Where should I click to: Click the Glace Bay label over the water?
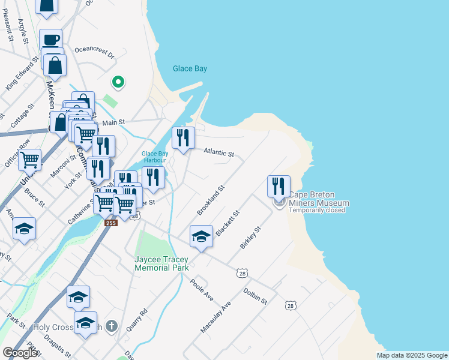[x=190, y=68]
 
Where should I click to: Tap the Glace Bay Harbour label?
[x=154, y=157]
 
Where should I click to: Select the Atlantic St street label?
[x=218, y=153]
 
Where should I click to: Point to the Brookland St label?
[x=211, y=200]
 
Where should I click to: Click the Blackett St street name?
[x=228, y=223]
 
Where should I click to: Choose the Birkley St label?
[x=250, y=238]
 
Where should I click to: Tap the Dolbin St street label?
[x=255, y=295]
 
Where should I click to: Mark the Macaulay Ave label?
[x=216, y=317]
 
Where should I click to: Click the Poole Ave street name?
[x=202, y=290]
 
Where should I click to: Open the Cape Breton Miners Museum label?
[x=318, y=199]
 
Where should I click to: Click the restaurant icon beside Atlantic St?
[x=184, y=137]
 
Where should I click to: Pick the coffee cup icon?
[x=51, y=40]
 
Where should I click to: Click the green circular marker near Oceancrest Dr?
[x=118, y=82]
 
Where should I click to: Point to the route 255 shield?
[x=110, y=223]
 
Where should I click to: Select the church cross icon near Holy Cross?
[x=110, y=326]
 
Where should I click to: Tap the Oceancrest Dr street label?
[x=94, y=51]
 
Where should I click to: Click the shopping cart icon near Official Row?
[x=29, y=160]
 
